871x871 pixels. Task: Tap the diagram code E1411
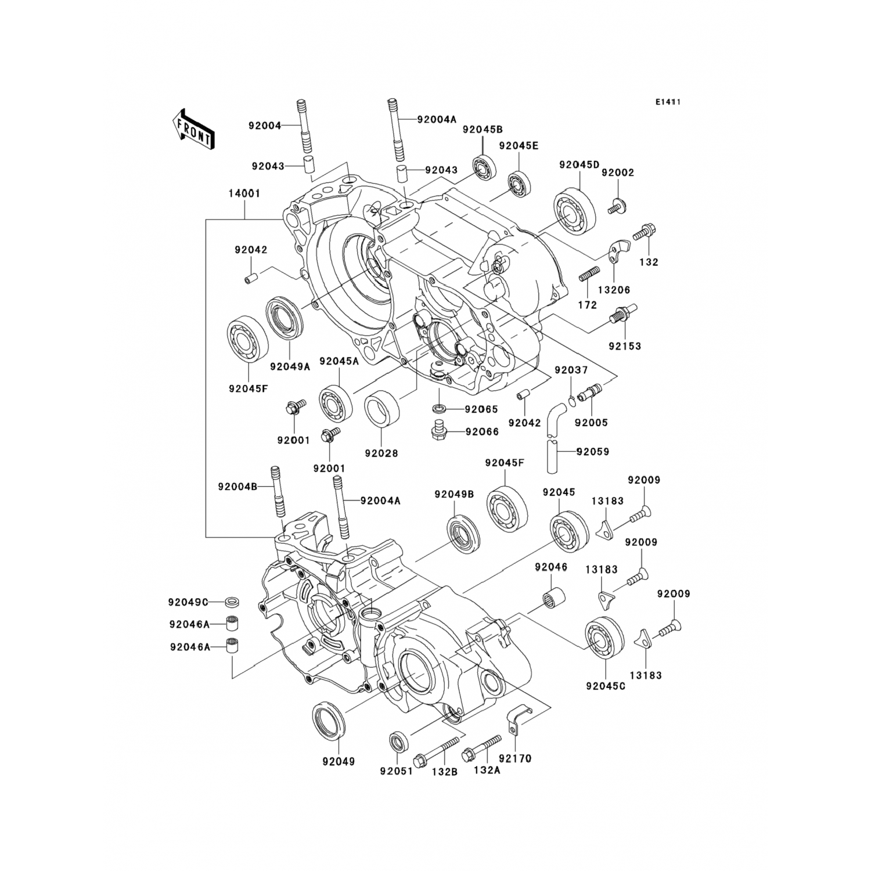(x=668, y=102)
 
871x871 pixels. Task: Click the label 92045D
(x=579, y=165)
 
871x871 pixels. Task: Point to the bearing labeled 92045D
(x=574, y=213)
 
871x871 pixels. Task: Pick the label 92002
(x=618, y=173)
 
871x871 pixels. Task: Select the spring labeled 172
(x=589, y=273)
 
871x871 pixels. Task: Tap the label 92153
(x=625, y=346)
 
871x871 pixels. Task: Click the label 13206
(x=614, y=290)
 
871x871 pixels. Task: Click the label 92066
(x=481, y=432)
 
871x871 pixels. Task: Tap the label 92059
(x=593, y=451)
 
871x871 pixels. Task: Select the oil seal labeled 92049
(x=330, y=721)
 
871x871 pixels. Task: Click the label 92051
(x=396, y=771)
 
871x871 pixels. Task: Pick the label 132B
(x=444, y=771)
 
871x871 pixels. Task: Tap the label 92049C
(x=188, y=602)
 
